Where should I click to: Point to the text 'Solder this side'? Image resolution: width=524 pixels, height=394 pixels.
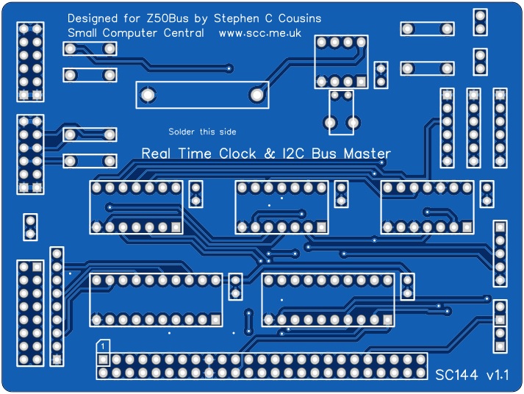click(x=202, y=132)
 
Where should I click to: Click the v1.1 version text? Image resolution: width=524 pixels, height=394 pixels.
click(x=497, y=375)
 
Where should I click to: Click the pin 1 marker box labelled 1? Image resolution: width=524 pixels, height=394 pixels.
click(x=104, y=345)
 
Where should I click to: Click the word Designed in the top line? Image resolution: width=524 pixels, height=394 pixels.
click(x=92, y=18)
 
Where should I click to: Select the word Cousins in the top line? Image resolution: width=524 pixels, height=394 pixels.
click(x=298, y=18)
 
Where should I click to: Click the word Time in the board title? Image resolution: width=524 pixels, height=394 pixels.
click(x=195, y=154)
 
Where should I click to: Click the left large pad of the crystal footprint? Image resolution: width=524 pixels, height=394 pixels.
click(x=148, y=95)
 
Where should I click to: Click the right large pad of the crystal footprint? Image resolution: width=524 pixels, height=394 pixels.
click(x=256, y=95)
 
